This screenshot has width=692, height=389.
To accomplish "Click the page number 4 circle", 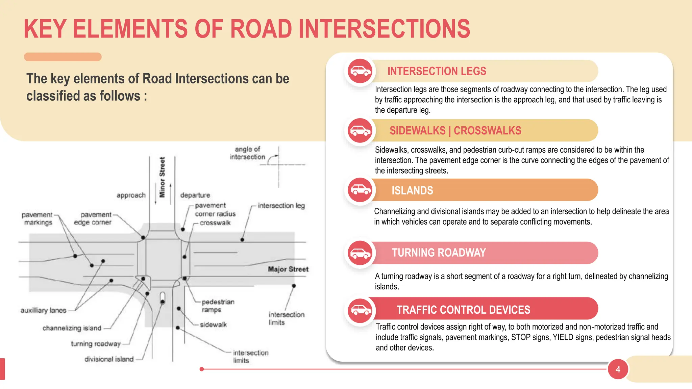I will click(618, 369).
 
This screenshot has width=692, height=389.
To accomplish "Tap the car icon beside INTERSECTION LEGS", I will click(360, 71).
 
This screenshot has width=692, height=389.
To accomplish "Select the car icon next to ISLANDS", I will click(360, 190).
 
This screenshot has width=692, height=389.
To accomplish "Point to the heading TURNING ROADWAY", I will click(439, 253).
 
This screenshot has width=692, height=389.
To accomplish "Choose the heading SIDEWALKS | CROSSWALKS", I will click(455, 131).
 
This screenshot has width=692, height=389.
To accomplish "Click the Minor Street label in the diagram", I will click(162, 177).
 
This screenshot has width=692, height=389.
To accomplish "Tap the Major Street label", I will click(288, 269).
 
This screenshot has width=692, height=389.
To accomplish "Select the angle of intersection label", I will click(247, 153).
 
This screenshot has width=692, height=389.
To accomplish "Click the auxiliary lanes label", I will click(43, 310).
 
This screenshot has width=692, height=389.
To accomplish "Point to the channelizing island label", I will click(72, 328).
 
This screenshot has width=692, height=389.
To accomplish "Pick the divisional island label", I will click(109, 359).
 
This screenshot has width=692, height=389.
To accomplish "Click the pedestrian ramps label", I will click(218, 306).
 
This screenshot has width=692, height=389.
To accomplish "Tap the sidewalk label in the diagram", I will click(213, 325).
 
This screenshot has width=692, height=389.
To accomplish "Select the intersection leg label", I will click(281, 206).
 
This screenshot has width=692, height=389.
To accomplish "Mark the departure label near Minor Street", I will click(195, 195).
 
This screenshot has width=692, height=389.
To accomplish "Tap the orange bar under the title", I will click(63, 57).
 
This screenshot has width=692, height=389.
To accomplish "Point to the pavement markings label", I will click(37, 218).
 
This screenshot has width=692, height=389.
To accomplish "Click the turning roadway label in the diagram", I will click(96, 344).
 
